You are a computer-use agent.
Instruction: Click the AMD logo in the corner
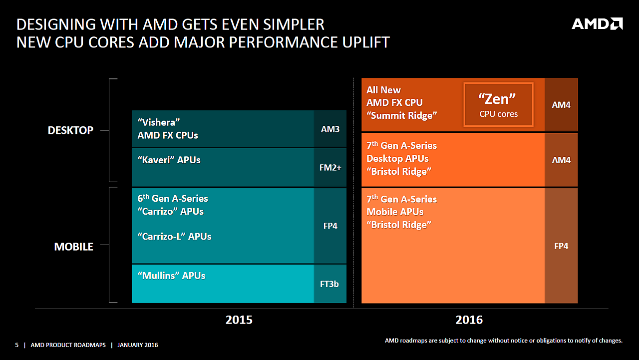point(597,24)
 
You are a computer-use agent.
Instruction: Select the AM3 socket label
point(330,129)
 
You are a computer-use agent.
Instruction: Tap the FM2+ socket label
point(330,168)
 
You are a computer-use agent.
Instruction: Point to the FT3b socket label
point(329,284)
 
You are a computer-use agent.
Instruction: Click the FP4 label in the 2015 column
point(330,226)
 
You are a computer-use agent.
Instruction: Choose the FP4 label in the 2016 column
point(561,246)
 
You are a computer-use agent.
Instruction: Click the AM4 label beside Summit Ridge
point(561,105)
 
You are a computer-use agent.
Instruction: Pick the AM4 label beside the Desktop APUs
point(561,160)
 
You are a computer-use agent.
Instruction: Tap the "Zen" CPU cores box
point(498,105)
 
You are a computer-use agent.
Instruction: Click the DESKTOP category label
point(70,130)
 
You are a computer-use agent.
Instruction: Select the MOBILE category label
point(73,247)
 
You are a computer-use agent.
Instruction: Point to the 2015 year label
point(239,320)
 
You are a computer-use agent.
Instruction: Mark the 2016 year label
point(469,320)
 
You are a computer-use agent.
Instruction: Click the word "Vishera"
point(158,122)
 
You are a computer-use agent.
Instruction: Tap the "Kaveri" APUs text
point(169,160)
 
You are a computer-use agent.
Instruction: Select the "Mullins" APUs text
point(171,276)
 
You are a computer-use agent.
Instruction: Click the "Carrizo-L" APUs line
point(174,237)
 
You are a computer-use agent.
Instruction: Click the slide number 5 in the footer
point(16,345)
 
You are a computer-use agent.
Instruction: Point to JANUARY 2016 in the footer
point(138,345)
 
